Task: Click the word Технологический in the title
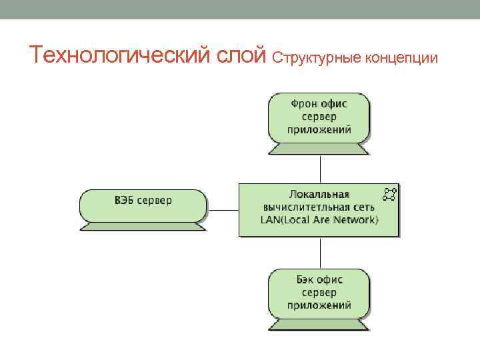[120, 56]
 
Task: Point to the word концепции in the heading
[400, 59]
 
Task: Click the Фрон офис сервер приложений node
[319, 117]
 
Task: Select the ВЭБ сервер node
[143, 205]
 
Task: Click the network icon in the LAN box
[389, 194]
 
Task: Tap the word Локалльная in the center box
[319, 195]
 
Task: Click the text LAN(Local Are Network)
[319, 219]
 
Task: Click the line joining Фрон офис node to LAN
[321, 169]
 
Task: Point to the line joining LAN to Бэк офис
[321, 253]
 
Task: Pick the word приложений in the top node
[319, 130]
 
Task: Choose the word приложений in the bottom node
[319, 305]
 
